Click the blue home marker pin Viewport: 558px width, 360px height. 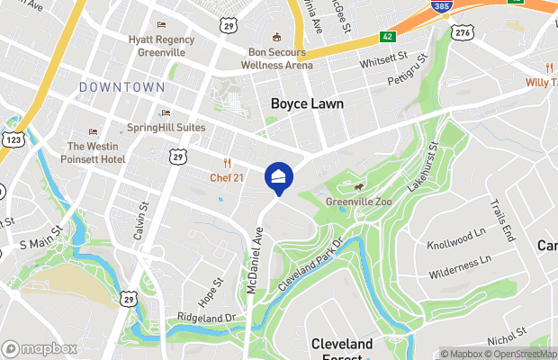(x=279, y=176)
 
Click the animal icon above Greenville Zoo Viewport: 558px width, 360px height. (x=357, y=187)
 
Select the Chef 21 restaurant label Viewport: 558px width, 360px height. (x=227, y=177)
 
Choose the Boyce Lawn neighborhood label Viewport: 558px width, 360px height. (x=307, y=104)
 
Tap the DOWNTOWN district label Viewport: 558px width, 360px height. (x=121, y=87)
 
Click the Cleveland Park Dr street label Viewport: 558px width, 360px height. (x=311, y=265)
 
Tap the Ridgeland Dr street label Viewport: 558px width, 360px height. (x=205, y=318)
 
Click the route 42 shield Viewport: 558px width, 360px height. (x=386, y=37)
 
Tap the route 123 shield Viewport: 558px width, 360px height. (x=13, y=139)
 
